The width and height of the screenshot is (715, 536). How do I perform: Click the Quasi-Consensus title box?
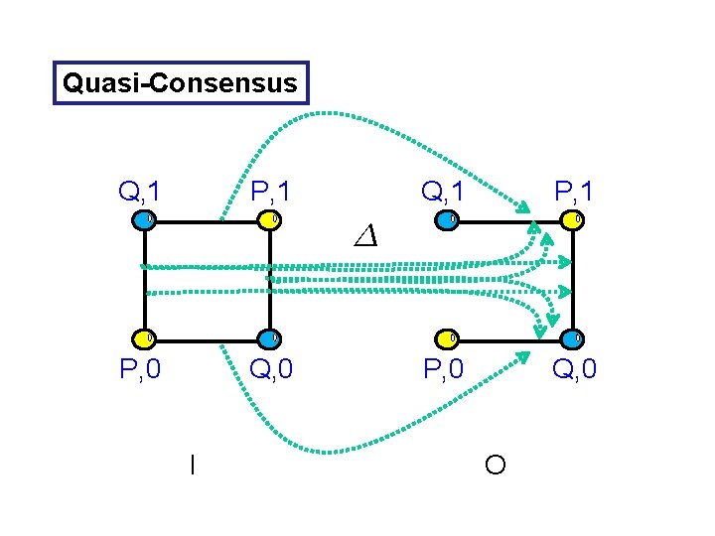[180, 83]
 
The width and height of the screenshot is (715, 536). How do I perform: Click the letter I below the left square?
[192, 463]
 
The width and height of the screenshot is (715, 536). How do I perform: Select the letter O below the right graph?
[496, 464]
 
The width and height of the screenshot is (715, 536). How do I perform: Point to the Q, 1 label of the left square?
[141, 190]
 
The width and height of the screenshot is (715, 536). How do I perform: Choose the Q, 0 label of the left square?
[271, 370]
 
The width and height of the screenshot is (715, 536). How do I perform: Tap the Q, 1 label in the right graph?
[444, 190]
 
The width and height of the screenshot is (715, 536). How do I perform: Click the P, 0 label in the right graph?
[445, 370]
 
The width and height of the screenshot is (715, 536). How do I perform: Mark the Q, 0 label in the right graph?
[574, 370]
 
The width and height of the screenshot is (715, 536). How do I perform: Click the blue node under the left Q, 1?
[146, 218]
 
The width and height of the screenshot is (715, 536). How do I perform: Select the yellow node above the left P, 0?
[146, 338]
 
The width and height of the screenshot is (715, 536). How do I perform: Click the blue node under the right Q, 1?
[449, 218]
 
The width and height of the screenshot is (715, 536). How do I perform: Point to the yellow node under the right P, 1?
[574, 218]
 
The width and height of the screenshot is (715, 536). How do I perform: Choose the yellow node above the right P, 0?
[449, 338]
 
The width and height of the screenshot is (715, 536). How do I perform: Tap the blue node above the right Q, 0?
[574, 338]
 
